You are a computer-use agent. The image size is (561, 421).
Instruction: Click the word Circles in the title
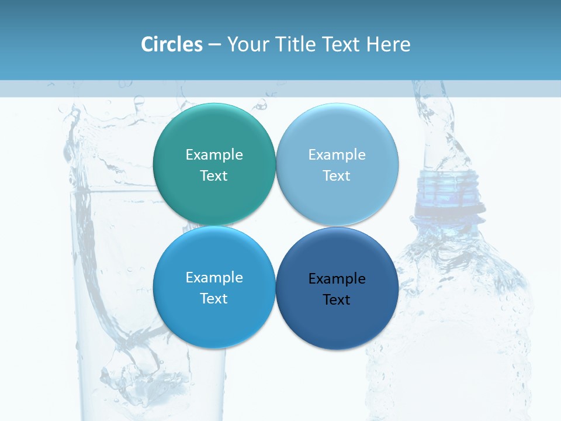point(171,44)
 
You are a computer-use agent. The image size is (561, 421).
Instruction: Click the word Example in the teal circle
point(214,155)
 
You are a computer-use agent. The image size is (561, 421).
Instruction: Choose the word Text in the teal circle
point(214,176)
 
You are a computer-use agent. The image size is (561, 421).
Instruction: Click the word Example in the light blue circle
point(337,155)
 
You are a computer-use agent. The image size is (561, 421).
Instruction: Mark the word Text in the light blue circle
point(337,176)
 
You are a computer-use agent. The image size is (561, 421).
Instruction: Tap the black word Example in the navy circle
point(337,279)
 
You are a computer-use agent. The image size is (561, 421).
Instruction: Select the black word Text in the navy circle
point(337,300)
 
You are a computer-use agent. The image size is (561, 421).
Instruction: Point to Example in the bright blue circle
point(214,278)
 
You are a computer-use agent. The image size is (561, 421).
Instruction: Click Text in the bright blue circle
point(214,299)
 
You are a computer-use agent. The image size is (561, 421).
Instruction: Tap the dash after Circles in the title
point(214,44)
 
